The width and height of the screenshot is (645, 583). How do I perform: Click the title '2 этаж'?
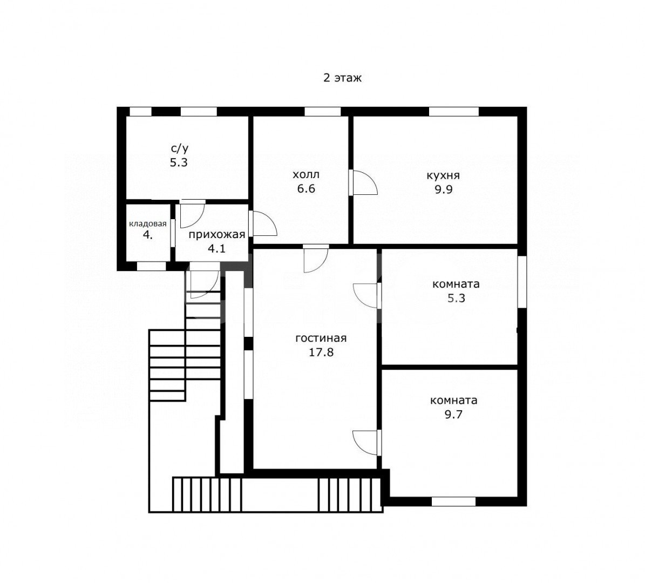coord(342,78)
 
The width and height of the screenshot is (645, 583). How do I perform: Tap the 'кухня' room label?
coord(443,175)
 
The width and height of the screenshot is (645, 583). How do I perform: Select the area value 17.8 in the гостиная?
coord(321,352)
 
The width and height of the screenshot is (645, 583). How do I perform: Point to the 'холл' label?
coord(305,175)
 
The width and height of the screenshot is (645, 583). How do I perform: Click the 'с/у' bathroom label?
coord(179,148)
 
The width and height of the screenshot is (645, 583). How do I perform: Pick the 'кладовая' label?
coord(148,224)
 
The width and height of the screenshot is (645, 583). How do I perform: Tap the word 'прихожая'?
coord(217,235)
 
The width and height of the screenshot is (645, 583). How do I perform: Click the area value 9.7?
coord(453,415)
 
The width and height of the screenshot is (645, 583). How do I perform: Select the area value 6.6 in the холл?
coord(306,189)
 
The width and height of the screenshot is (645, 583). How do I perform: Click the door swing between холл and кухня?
coord(364,182)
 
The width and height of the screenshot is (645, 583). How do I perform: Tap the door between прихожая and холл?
coord(263,223)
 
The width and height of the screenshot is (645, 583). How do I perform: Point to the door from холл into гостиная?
coord(316,259)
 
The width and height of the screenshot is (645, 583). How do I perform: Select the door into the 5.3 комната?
coord(366,295)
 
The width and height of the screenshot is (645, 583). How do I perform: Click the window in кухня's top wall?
coord(454,112)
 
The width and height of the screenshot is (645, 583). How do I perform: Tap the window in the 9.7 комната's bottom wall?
coord(453,501)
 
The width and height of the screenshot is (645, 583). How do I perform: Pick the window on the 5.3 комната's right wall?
coord(522,282)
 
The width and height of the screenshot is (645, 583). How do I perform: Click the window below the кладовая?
coord(151,266)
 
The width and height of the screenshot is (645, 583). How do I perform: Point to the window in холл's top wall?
coord(323,112)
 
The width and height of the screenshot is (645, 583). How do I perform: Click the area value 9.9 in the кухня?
coord(444,189)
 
